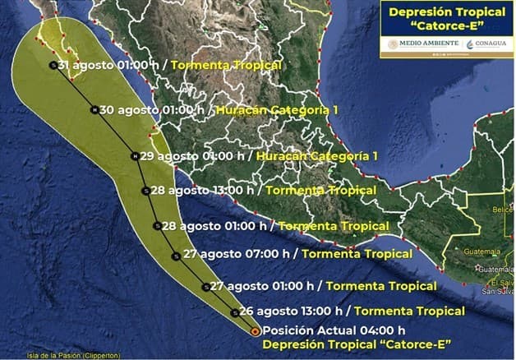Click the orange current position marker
255,331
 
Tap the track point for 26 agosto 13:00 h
235,312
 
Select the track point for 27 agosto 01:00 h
205,287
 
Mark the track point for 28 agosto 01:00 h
157,225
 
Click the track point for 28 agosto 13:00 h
145,191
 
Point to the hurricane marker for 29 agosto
135,155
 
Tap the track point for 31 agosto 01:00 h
53,65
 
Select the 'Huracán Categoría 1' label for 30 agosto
268,109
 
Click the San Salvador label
498,290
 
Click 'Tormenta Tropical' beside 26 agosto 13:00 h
409,312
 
